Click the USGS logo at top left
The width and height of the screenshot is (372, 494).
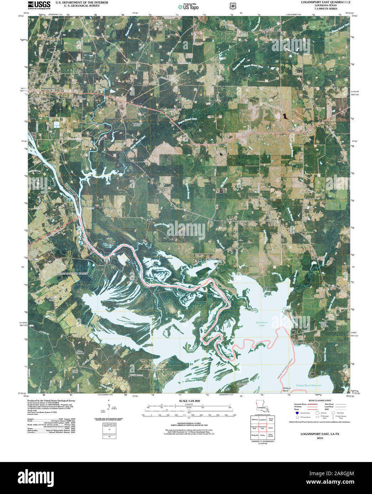coord(39,5)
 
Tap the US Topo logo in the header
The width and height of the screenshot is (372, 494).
coord(188,6)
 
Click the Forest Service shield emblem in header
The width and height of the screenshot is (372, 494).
coord(233,6)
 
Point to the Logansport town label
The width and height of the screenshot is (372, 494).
coord(48,88)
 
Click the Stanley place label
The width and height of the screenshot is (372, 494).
coord(292,131)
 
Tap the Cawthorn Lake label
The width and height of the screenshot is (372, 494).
coord(261,324)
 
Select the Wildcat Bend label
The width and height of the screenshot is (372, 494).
coord(287,389)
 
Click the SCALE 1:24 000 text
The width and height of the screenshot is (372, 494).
coord(189,401)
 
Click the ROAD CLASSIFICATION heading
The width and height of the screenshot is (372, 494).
coord(320,401)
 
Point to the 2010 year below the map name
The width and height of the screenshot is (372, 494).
coord(320,438)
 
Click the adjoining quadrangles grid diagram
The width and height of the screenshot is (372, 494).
coord(262,428)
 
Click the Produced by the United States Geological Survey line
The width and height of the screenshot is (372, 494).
coord(51,401)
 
